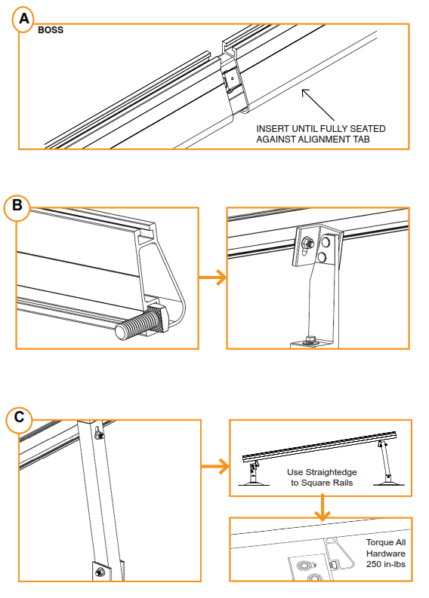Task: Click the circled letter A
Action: pyautogui.click(x=23, y=21)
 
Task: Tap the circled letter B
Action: pyautogui.click(x=17, y=207)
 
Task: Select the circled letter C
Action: pyautogui.click(x=19, y=417)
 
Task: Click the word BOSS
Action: pyautogui.click(x=51, y=32)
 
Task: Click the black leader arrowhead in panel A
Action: pyautogui.click(x=304, y=92)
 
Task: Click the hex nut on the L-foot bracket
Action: pyautogui.click(x=308, y=243)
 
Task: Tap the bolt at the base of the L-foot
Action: pyautogui.click(x=310, y=339)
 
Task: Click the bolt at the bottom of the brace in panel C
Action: pyautogui.click(x=100, y=574)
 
